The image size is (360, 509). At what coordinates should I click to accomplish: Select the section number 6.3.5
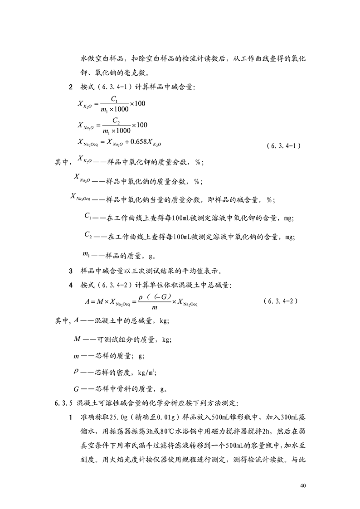[64, 402]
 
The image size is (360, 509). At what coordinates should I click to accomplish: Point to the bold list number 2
[70, 87]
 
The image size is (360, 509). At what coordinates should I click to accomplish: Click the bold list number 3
[70, 272]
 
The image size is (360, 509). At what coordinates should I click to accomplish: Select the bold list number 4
[70, 286]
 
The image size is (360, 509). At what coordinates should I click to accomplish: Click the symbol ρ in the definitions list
[75, 371]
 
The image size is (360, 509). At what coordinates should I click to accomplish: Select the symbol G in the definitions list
[76, 388]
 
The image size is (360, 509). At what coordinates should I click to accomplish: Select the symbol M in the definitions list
[77, 339]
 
